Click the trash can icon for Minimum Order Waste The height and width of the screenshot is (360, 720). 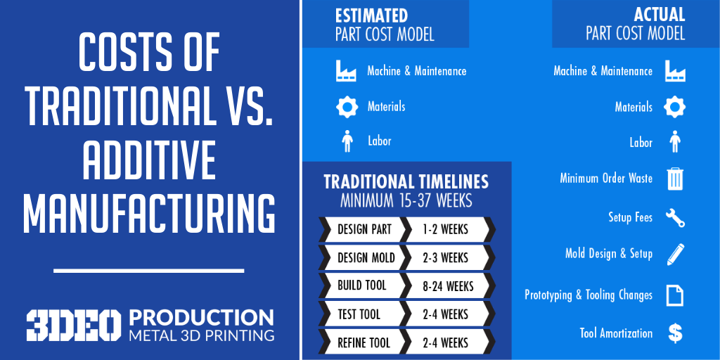675,179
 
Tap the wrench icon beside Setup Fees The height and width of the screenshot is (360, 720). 675,218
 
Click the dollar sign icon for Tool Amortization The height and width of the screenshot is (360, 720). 675,334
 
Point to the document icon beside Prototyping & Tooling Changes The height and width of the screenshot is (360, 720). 675,295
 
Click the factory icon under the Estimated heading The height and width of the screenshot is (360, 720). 346,71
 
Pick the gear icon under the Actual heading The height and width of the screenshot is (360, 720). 675,107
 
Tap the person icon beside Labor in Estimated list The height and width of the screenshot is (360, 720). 347,141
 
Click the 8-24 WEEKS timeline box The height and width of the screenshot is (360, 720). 448,286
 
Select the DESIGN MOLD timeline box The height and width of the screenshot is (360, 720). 364,257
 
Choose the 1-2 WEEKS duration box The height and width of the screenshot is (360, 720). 448,229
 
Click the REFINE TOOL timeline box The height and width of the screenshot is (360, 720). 364,342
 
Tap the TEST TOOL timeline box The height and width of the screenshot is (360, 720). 364,314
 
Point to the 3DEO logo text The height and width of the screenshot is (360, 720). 73,326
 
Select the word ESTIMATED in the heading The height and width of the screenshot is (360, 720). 371,15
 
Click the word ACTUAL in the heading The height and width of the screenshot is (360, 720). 660,15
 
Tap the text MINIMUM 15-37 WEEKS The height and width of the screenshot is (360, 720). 406,200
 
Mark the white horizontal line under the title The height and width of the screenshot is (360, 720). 149,271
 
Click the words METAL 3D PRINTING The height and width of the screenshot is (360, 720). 202,335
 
